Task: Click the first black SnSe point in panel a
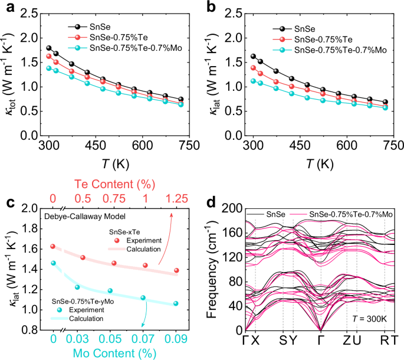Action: click(x=49, y=48)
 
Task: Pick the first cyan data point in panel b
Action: click(x=254, y=81)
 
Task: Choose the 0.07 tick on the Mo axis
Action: click(x=143, y=339)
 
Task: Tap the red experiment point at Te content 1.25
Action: click(x=176, y=270)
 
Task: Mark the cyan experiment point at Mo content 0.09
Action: click(x=176, y=303)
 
